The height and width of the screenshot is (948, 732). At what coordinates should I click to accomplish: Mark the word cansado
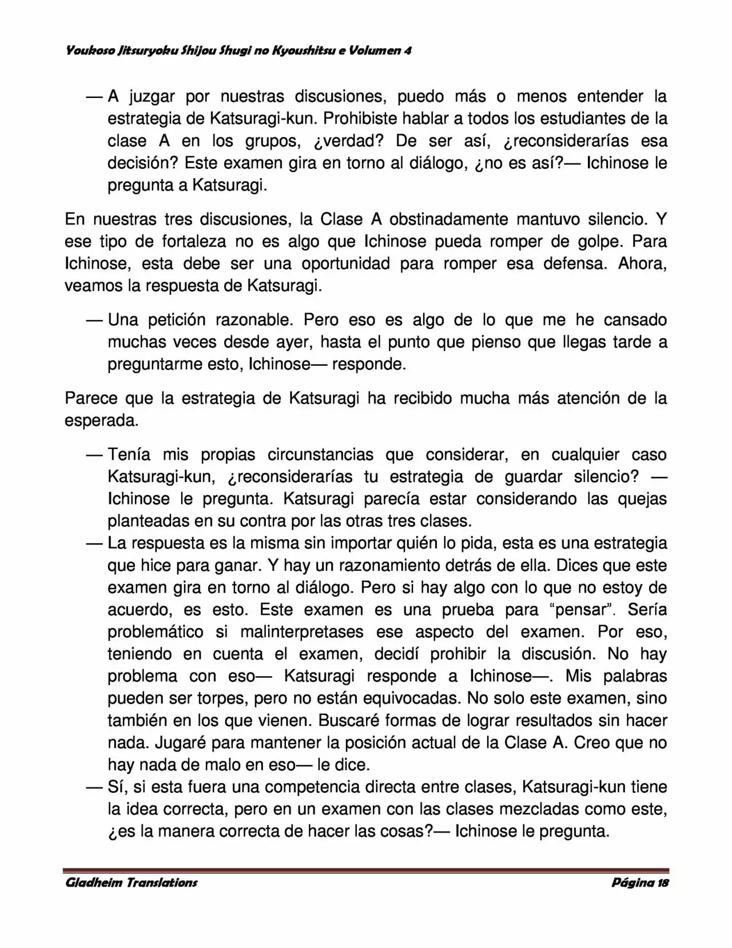(x=635, y=319)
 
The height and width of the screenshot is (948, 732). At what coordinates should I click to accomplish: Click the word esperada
(x=101, y=421)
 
